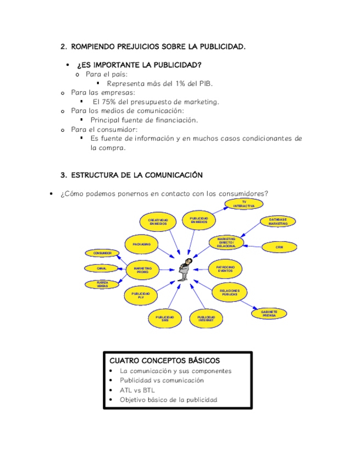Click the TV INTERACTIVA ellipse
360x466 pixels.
point(244,204)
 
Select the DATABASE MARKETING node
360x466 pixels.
point(278,221)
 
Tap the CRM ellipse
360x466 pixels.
point(279,247)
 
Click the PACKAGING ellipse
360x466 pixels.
point(142,243)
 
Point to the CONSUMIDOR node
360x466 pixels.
point(102,253)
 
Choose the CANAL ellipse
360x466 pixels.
point(102,268)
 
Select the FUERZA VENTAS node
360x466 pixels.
point(102,284)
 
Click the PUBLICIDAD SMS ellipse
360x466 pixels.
point(165,318)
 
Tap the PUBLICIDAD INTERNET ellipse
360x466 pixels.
point(206,318)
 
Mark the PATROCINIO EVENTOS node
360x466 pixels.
point(225,269)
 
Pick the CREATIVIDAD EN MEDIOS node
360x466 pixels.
point(158,222)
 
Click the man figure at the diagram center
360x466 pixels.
point(187,269)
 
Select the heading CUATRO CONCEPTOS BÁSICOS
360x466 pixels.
point(165,360)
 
